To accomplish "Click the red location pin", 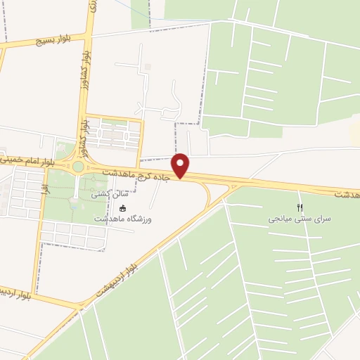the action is (x=181, y=165).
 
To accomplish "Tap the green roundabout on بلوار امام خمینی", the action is (x=77, y=167).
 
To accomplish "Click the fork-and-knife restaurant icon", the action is (x=300, y=207).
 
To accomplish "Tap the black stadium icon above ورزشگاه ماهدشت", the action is (x=123, y=208).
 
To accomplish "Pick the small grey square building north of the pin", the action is (x=148, y=67).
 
